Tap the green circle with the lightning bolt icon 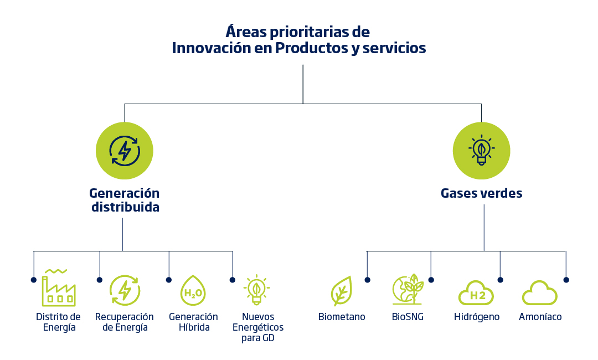coord(125,151)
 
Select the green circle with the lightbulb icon coord(481,151)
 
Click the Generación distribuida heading coord(125,200)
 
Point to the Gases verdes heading coord(481,193)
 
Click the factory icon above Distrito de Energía coord(58,287)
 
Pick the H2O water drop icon coord(193,291)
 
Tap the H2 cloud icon coord(476,293)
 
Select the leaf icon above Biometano coord(341,291)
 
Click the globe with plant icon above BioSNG coord(408,289)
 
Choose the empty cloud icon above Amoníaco coord(540,293)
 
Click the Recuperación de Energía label coord(125,322)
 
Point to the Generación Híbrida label coord(193,322)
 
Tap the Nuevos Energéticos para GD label coord(258,327)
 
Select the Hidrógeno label coord(477,317)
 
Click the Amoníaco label coord(540,317)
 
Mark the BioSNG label coord(408,317)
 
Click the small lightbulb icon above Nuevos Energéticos coord(257,290)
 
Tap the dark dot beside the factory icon coord(34,280)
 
